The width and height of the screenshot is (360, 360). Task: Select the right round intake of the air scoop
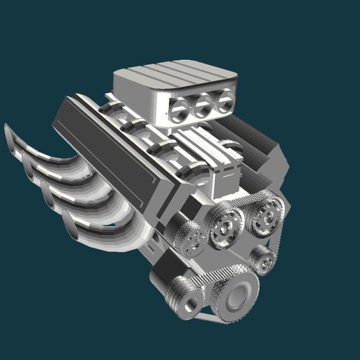(x=224, y=103)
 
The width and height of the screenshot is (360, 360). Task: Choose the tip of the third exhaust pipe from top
(x=47, y=193)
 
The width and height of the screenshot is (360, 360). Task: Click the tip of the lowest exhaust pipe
(x=70, y=225)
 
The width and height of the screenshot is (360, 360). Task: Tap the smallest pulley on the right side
(x=264, y=259)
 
